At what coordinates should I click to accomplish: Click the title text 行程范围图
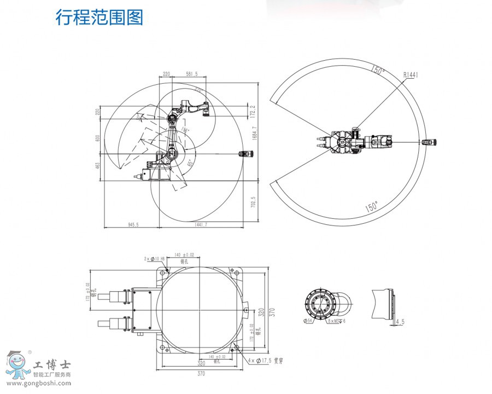99,18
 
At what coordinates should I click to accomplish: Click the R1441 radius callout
411,75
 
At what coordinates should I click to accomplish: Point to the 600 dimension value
98,138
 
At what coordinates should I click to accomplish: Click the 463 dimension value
98,166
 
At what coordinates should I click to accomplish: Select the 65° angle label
190,163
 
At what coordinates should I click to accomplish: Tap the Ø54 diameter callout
308,321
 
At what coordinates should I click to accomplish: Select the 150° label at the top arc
377,71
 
